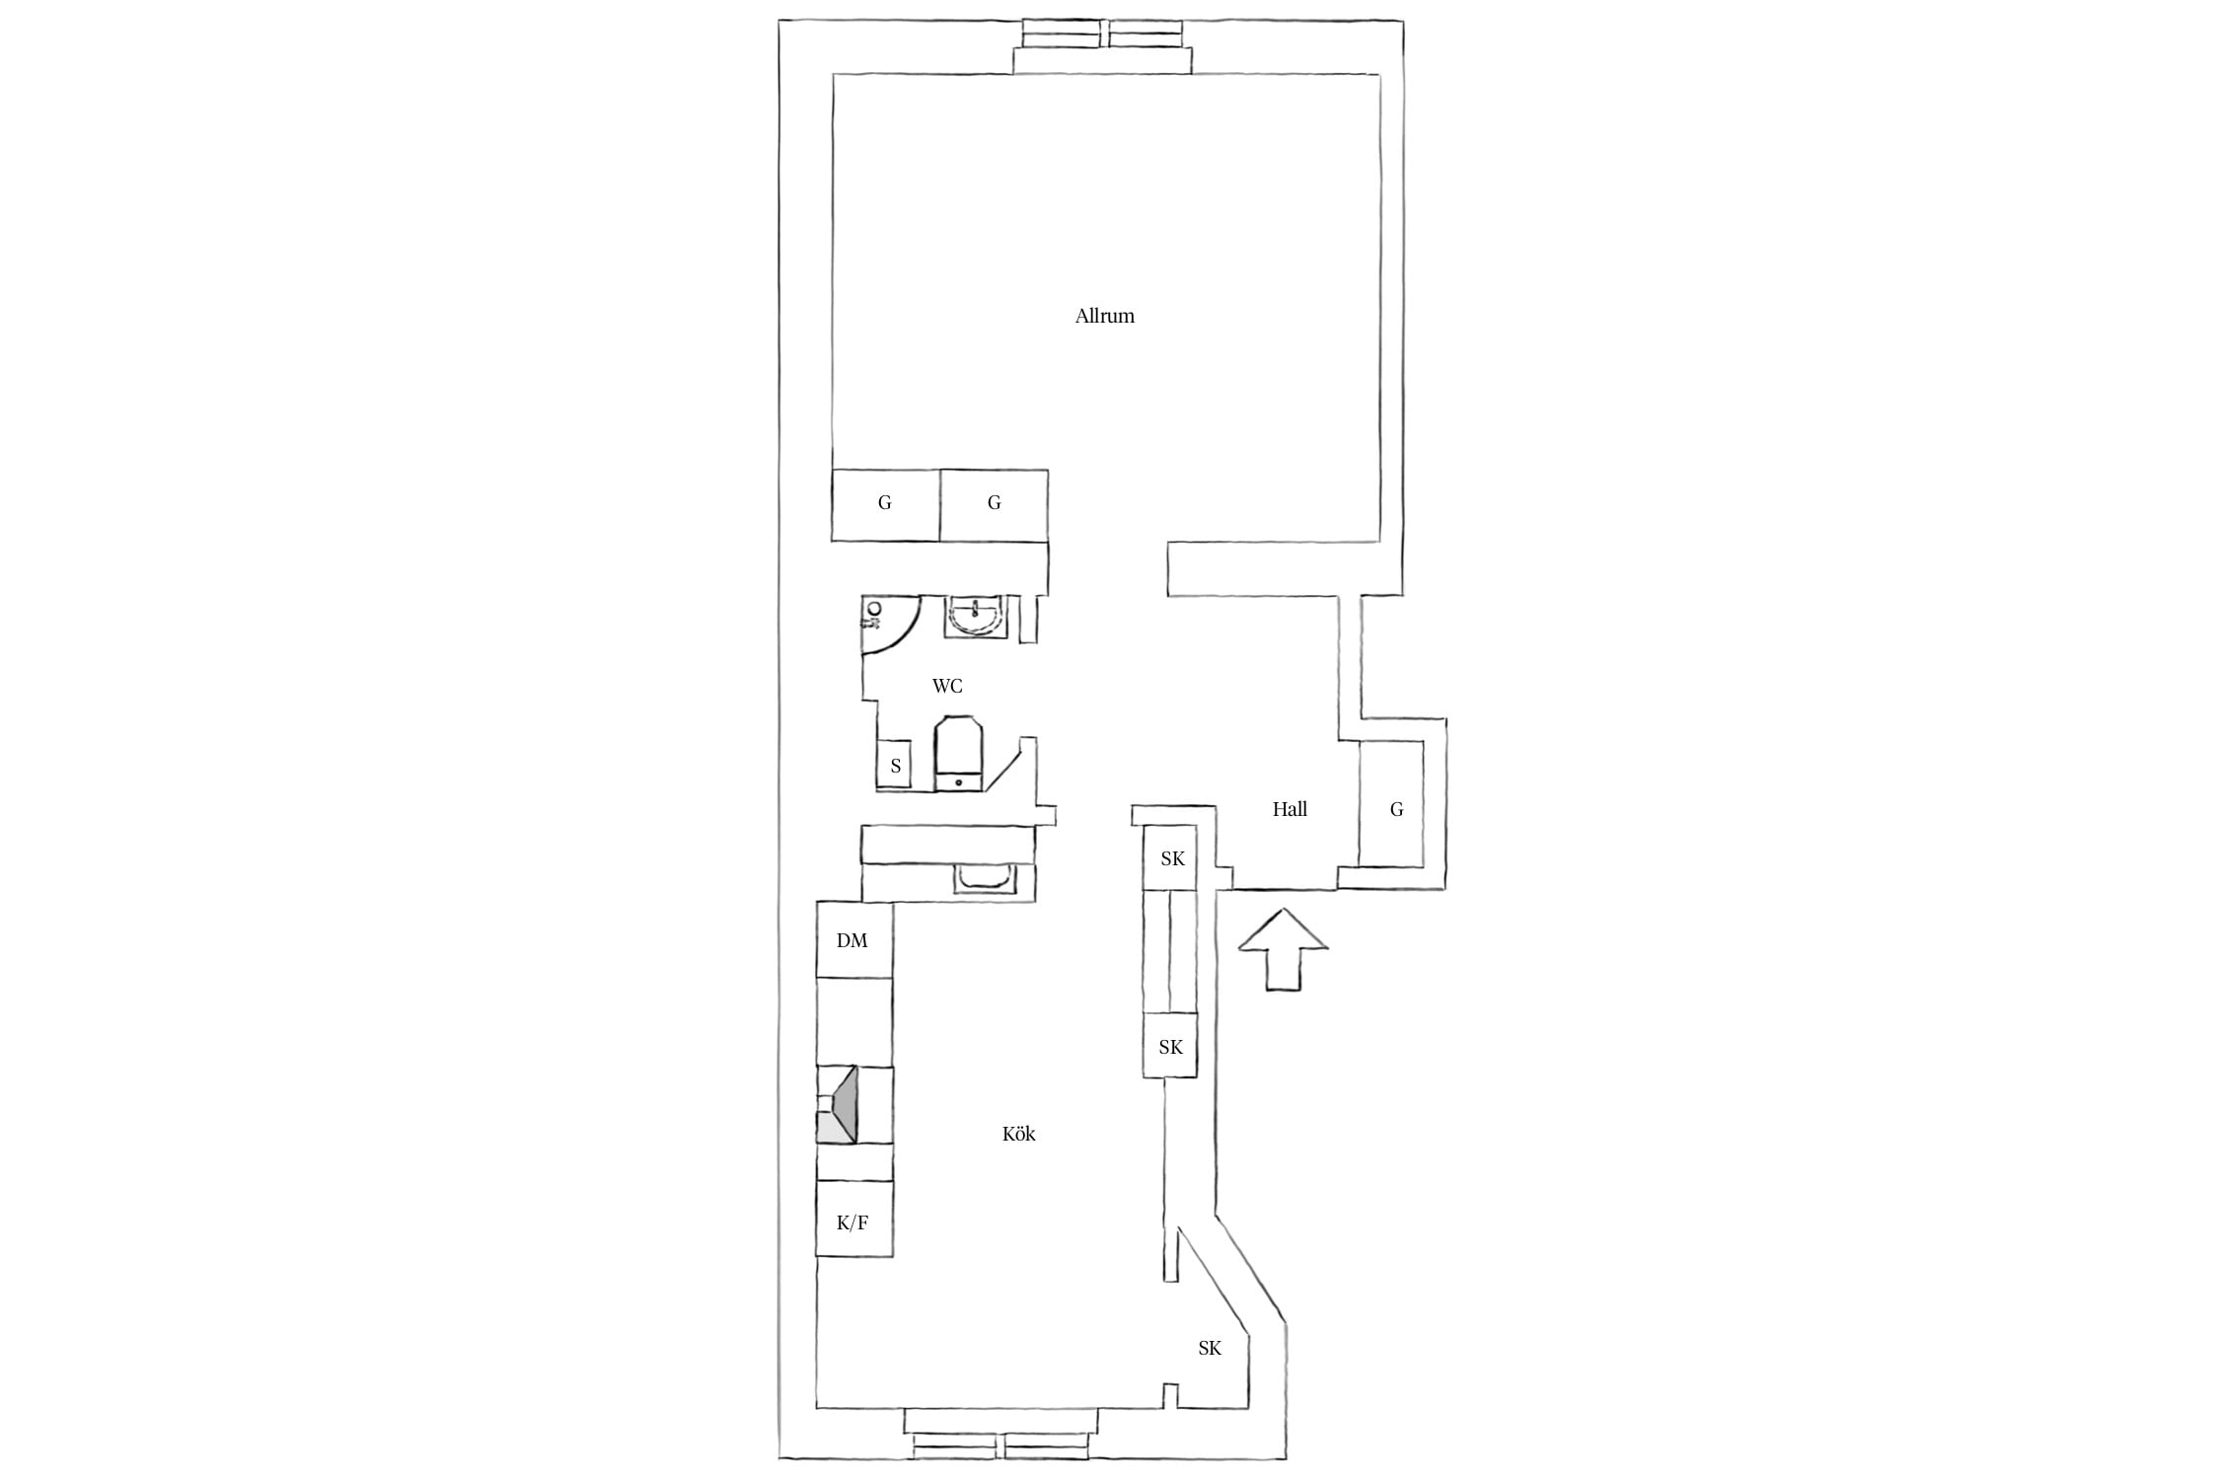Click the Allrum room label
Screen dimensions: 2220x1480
tap(1104, 317)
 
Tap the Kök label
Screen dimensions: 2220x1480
tap(1018, 1134)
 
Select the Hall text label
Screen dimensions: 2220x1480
tap(1290, 809)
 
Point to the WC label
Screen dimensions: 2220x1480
tap(947, 686)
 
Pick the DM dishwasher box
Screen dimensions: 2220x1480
tap(854, 939)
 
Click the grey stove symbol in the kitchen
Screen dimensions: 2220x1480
tap(837, 1104)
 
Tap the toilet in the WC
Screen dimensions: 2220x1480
tap(958, 755)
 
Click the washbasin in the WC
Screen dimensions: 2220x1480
tap(976, 618)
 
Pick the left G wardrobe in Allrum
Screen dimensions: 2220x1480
tap(885, 504)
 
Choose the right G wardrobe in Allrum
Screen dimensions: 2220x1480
tap(994, 504)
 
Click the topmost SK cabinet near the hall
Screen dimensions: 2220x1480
tap(1170, 857)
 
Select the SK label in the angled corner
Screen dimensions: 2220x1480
tap(1210, 1348)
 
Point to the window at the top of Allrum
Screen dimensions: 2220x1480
tap(1102, 45)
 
